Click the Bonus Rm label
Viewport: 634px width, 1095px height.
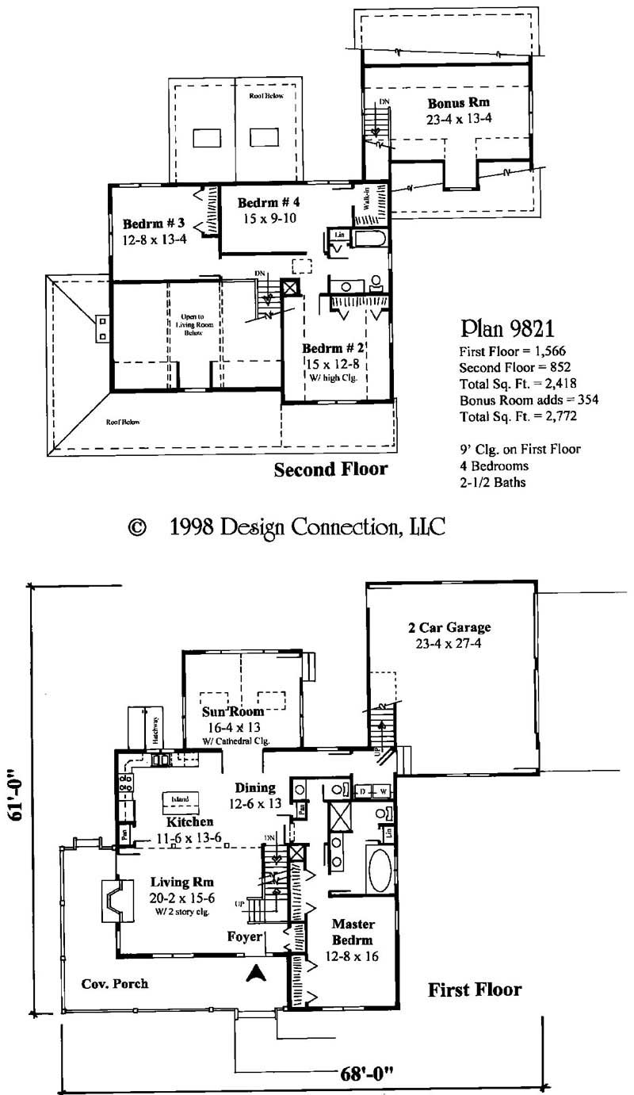[458, 103]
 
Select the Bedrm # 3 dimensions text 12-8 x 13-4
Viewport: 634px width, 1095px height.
[154, 238]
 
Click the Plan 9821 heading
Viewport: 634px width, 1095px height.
[502, 328]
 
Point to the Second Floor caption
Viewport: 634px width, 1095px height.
[330, 469]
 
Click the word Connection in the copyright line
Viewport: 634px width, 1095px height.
[331, 526]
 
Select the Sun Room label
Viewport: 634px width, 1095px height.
[236, 711]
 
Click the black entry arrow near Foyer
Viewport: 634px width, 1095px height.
[257, 974]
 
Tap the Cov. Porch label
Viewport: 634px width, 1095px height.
[115, 983]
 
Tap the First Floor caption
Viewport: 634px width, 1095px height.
[475, 990]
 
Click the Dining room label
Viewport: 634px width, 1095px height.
[255, 788]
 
